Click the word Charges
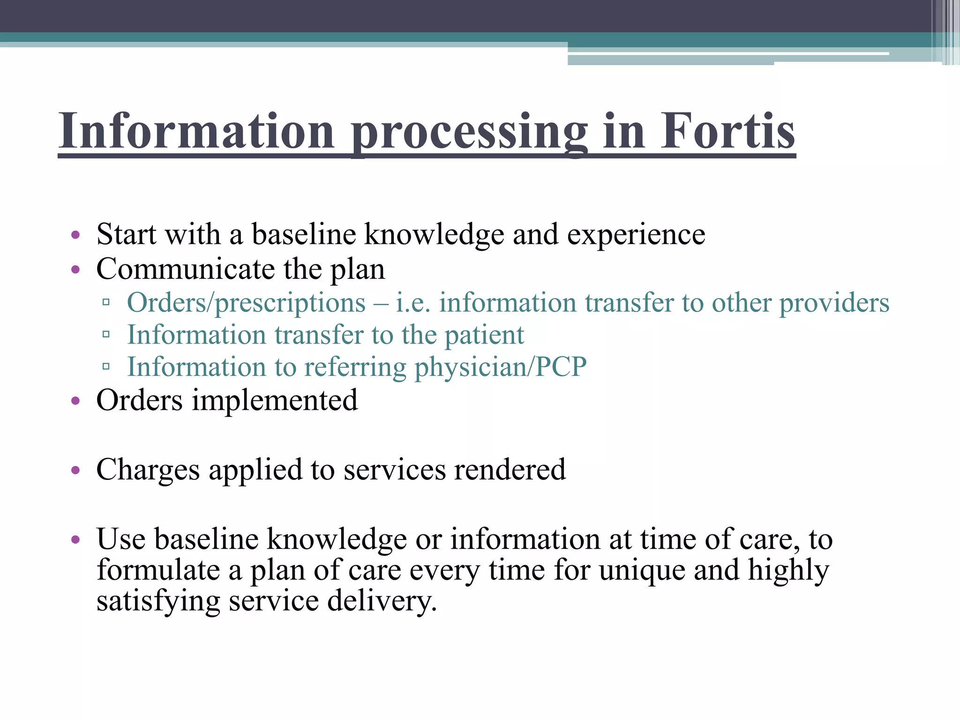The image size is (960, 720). pyautogui.click(x=148, y=470)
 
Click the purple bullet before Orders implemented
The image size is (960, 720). pyautogui.click(x=75, y=401)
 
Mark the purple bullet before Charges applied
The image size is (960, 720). pyautogui.click(x=75, y=470)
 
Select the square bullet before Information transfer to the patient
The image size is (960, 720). pyautogui.click(x=106, y=335)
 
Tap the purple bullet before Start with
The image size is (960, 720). pyautogui.click(x=75, y=234)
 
